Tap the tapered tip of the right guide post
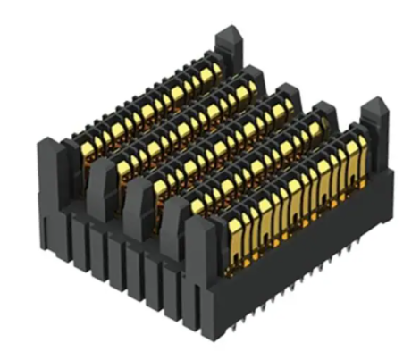point(374,108)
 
